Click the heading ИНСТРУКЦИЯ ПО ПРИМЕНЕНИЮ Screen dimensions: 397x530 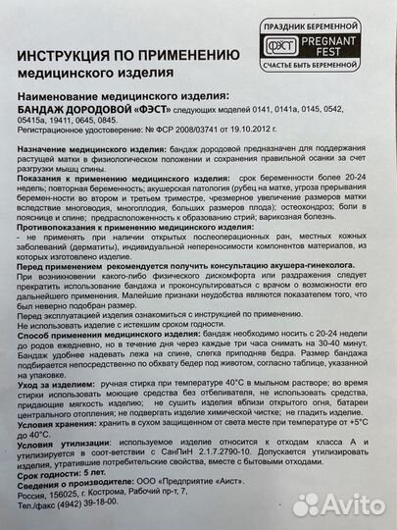tap(129, 57)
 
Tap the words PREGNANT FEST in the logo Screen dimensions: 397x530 tap(346, 49)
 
